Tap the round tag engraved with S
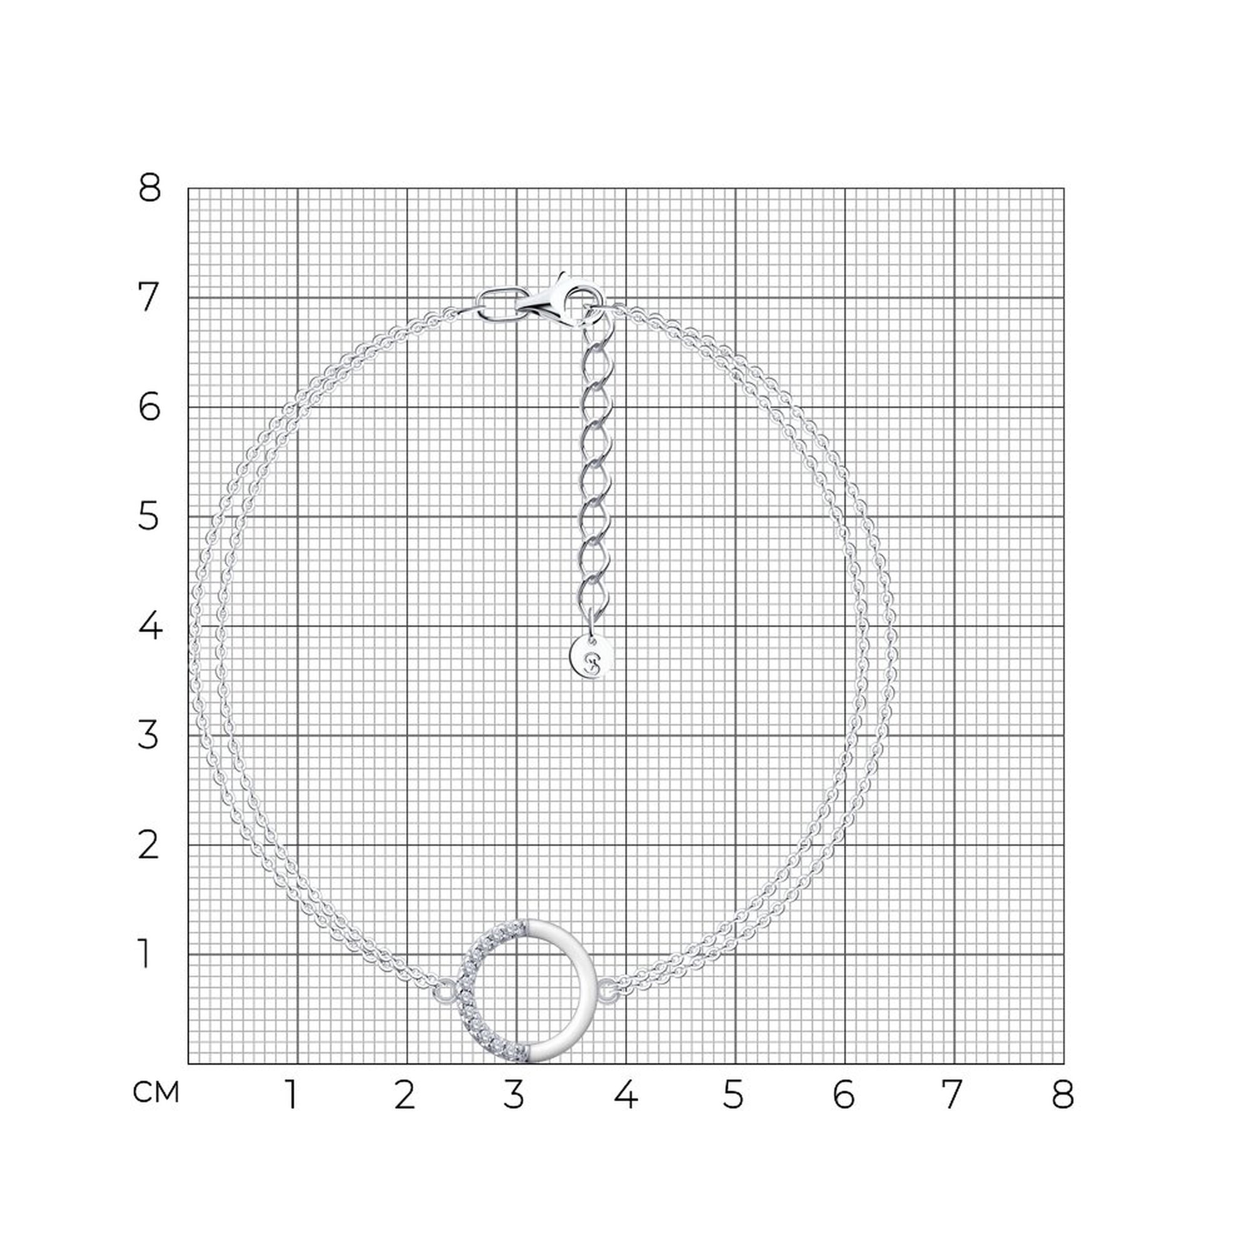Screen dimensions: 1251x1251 pyautogui.click(x=591, y=659)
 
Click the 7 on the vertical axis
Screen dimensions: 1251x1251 pyautogui.click(x=149, y=298)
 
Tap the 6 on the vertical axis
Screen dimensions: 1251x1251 pyautogui.click(x=149, y=407)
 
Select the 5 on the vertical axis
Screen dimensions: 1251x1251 pyautogui.click(x=148, y=517)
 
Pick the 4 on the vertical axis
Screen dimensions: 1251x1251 pyautogui.click(x=149, y=626)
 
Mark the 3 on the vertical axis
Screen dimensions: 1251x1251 pyautogui.click(x=148, y=736)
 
